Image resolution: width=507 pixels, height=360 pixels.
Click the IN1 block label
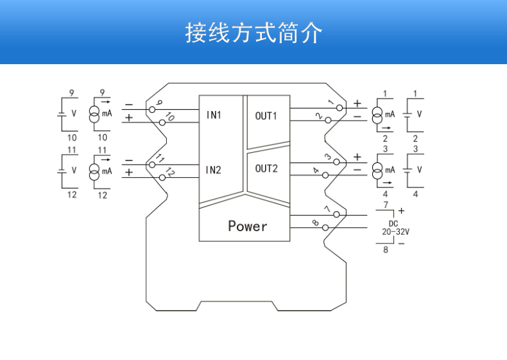pos(213,116)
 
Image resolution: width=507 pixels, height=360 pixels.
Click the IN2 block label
pos(213,170)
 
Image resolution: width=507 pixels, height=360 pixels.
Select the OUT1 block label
pos(266,116)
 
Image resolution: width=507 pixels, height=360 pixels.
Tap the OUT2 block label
pos(266,169)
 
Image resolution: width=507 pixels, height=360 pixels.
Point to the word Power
pos(248,226)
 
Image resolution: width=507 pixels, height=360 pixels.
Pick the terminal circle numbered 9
pos(152,110)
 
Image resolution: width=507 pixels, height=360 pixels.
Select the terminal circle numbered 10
pos(162,122)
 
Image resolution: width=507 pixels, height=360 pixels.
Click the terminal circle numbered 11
pos(152,165)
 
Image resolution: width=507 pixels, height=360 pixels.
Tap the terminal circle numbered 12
pos(162,177)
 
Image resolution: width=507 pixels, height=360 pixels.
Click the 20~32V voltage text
pos(396,232)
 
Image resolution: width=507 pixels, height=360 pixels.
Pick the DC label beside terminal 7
pos(393,223)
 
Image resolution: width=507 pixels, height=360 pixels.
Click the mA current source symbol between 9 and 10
pos(94,114)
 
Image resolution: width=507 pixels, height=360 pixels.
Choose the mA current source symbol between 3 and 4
pos(377,169)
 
